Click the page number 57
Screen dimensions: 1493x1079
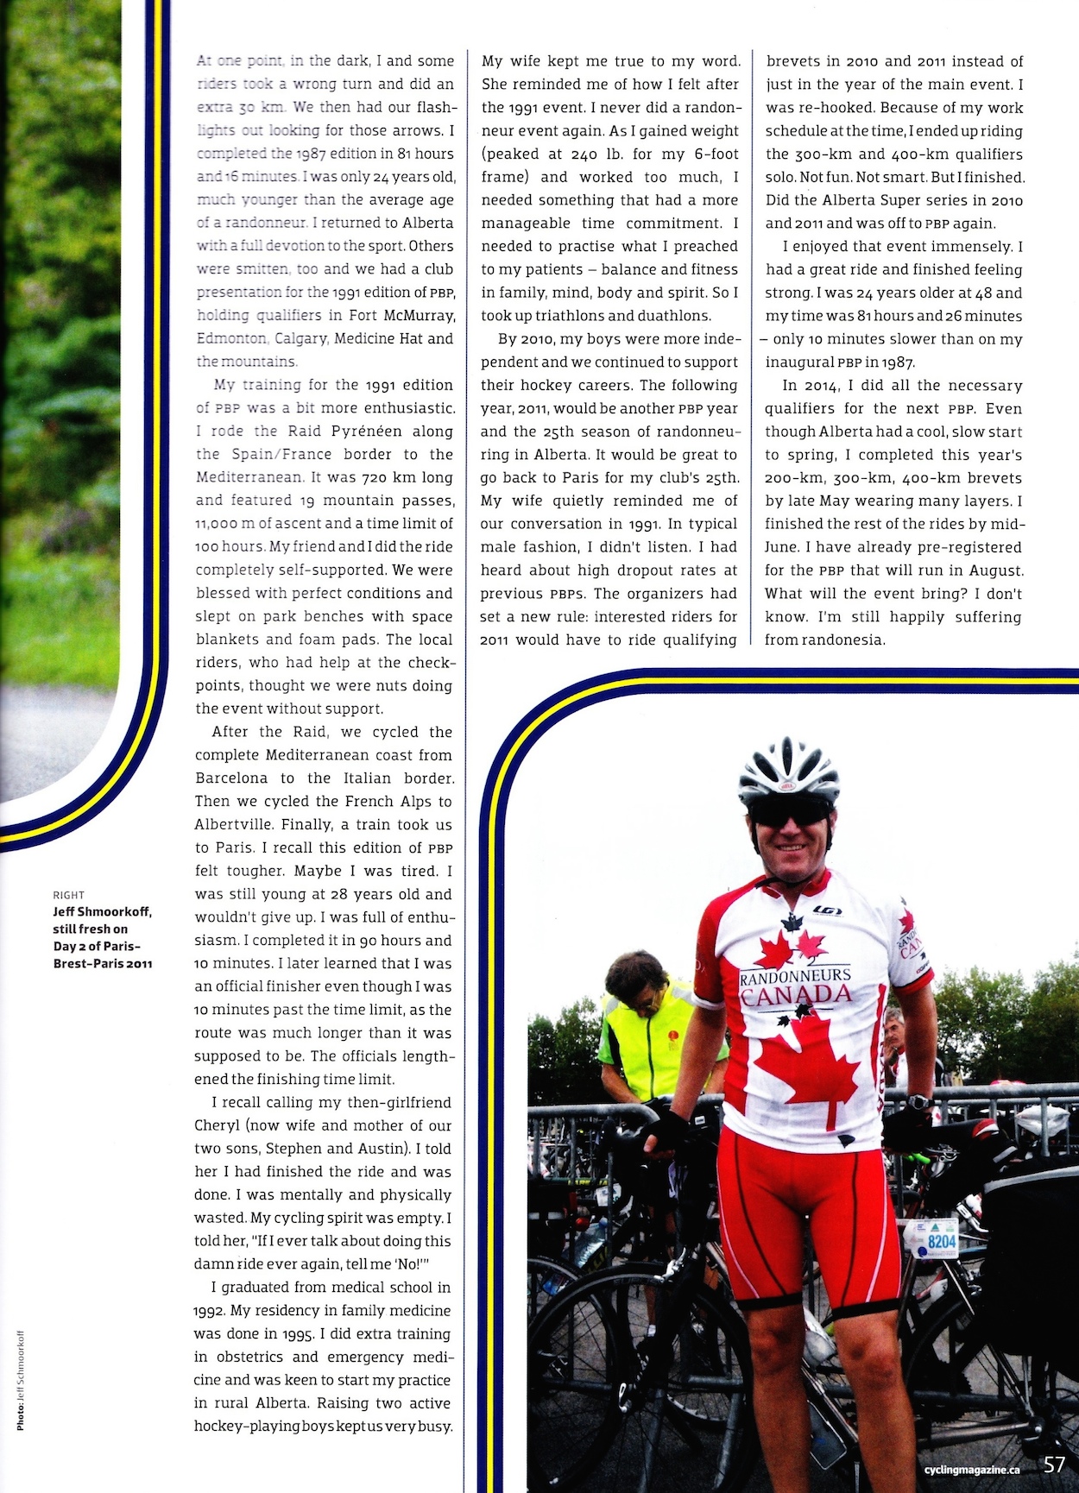click(1054, 1465)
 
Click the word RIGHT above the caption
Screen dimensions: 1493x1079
click(68, 895)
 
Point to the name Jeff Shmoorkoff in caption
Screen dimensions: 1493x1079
click(101, 911)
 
